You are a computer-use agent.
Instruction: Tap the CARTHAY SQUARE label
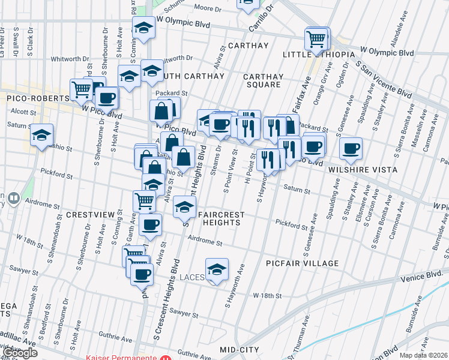pyautogui.click(x=263, y=80)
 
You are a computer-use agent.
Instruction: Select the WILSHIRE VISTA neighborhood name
pyautogui.click(x=363, y=170)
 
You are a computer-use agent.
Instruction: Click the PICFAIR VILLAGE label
pyautogui.click(x=302, y=263)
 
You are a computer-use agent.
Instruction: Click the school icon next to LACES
pyautogui.click(x=217, y=269)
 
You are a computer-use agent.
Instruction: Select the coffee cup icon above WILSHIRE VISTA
pyautogui.click(x=351, y=148)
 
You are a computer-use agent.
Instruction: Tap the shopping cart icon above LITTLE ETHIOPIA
pyautogui.click(x=316, y=39)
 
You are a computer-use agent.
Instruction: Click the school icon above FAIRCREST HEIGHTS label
pyautogui.click(x=184, y=208)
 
